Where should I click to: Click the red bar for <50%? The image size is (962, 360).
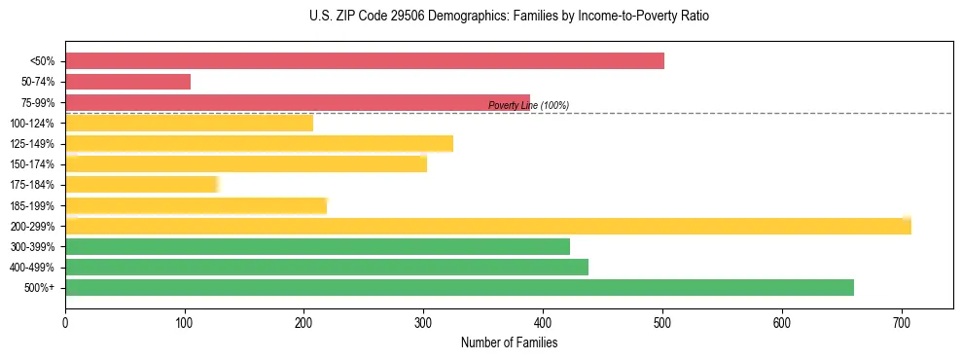tap(365, 61)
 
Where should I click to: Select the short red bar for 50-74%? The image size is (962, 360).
tap(127, 82)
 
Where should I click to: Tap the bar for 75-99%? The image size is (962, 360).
tap(298, 102)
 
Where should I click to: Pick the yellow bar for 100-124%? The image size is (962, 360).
tap(189, 123)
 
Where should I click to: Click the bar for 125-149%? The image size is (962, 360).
tap(259, 144)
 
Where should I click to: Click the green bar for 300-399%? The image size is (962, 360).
tap(317, 246)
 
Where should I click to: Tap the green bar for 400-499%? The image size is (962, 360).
tap(327, 267)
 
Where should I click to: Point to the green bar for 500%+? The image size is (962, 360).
tap(459, 287)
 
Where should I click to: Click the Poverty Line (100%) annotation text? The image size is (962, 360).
tap(528, 105)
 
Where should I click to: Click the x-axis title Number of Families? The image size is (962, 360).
tap(509, 342)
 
